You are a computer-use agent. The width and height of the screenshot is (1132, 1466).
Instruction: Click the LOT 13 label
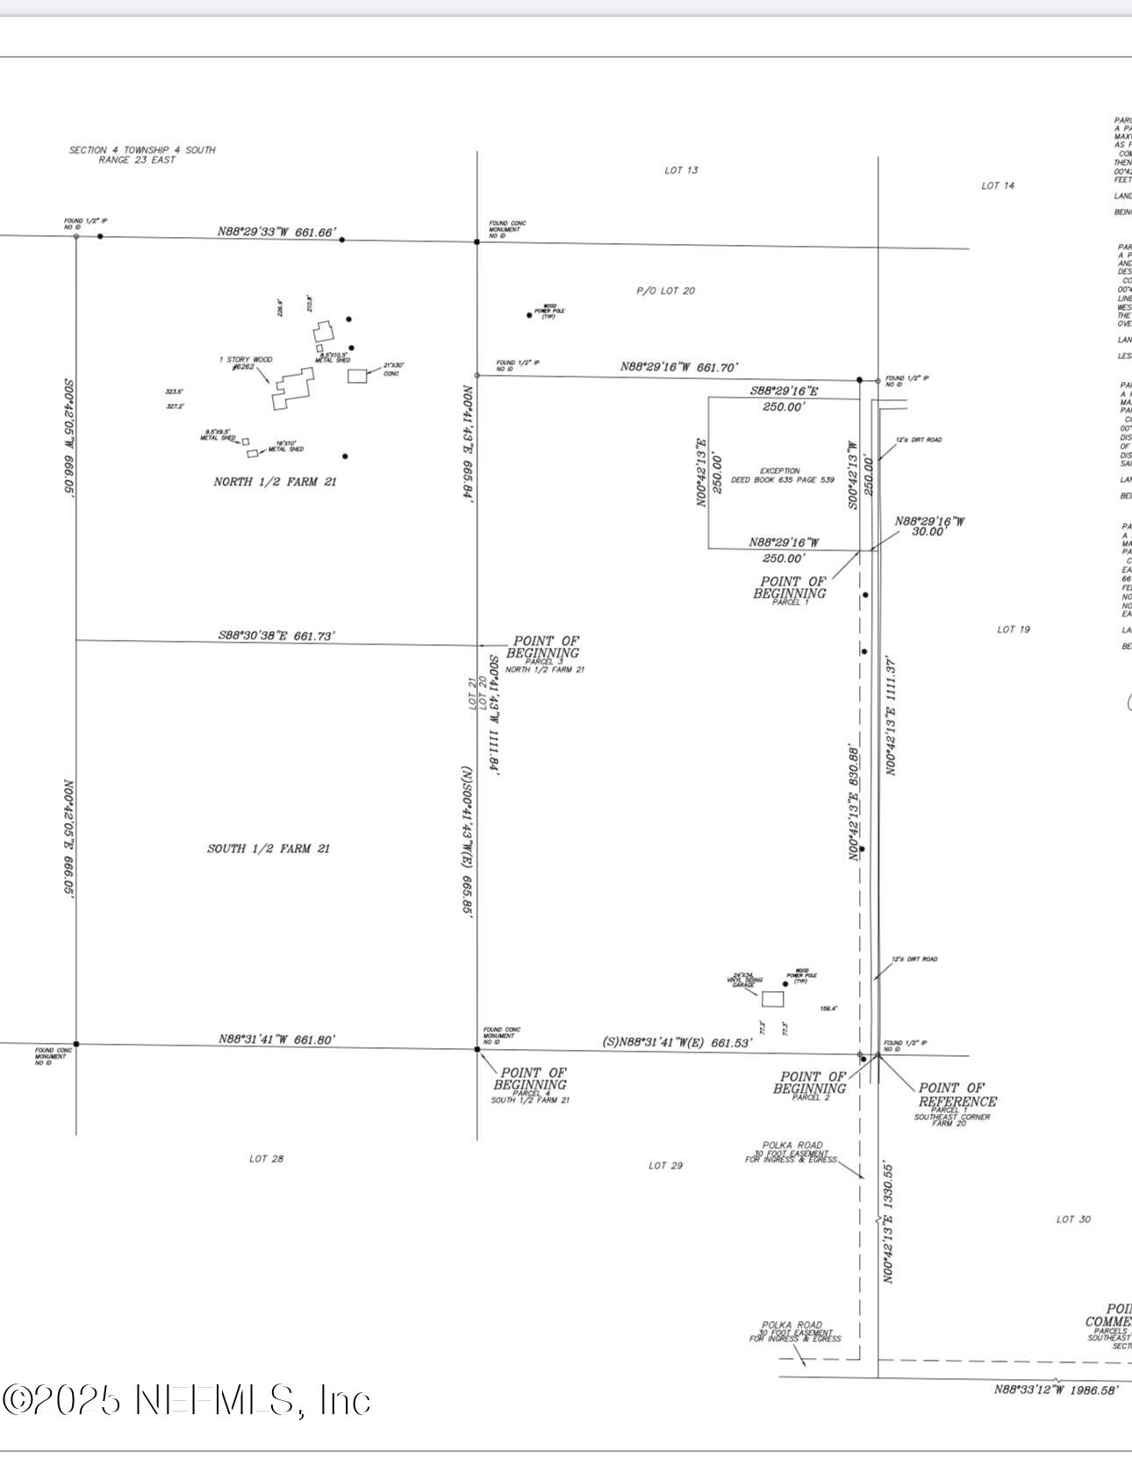tap(681, 170)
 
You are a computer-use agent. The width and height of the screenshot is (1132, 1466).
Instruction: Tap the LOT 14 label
tap(998, 185)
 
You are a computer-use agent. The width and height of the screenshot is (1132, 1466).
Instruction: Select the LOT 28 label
tap(266, 1159)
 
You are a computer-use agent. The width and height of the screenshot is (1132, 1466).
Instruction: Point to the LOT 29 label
tap(665, 1165)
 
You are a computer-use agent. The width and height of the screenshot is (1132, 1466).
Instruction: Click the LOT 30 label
tap(1073, 1219)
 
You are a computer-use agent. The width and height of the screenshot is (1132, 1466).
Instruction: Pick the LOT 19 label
tap(1014, 629)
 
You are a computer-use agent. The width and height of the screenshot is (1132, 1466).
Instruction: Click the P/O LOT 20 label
tap(665, 291)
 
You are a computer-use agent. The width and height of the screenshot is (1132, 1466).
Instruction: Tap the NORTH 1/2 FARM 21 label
tap(275, 481)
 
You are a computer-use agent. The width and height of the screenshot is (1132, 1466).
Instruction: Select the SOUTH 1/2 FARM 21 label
tap(269, 848)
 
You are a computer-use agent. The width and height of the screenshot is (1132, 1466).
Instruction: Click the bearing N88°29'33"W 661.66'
tap(276, 233)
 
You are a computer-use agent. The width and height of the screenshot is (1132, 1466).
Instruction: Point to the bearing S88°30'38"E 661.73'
tap(276, 636)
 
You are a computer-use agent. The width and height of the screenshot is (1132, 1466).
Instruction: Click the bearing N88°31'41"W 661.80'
tap(276, 1039)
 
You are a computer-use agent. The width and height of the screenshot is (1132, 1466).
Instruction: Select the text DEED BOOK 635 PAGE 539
tap(783, 480)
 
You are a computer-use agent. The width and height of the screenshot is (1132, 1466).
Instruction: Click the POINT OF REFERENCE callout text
tap(956, 1095)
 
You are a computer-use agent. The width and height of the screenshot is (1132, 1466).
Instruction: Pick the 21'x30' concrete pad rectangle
tap(357, 376)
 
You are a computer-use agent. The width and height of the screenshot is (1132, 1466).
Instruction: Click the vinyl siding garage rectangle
tap(772, 999)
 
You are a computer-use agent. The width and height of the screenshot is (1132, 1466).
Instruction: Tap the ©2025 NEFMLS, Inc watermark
tap(186, 1399)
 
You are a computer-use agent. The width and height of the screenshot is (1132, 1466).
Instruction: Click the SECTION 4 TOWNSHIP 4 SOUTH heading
tap(142, 150)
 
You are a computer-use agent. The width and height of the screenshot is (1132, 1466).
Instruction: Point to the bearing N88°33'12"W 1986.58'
tap(1056, 1390)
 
